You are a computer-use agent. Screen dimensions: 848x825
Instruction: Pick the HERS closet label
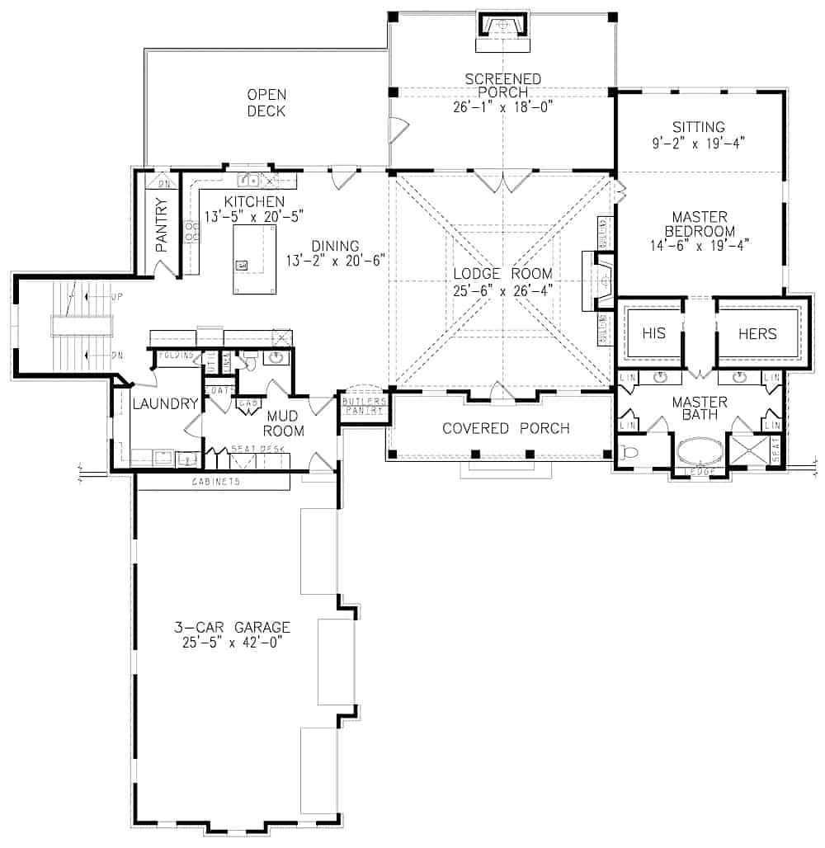pos(757,333)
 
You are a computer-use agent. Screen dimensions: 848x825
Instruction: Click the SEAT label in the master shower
pos(776,450)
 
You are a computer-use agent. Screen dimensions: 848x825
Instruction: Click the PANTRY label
pos(162,224)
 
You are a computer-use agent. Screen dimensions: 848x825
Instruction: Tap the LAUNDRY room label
pos(165,403)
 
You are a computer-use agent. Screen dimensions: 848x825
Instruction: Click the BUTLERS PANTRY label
pos(364,405)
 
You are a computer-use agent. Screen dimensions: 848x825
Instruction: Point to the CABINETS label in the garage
pos(216,481)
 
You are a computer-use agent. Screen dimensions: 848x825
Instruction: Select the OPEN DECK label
pos(266,102)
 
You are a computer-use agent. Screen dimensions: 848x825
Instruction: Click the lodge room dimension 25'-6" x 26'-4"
pos(502,290)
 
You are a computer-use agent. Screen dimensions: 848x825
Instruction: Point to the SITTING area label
pos(698,127)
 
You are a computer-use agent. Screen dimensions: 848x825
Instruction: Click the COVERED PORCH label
pos(506,428)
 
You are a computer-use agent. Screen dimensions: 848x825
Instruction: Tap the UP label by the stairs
pos(115,294)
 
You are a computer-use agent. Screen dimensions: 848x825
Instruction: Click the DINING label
pos(335,246)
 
